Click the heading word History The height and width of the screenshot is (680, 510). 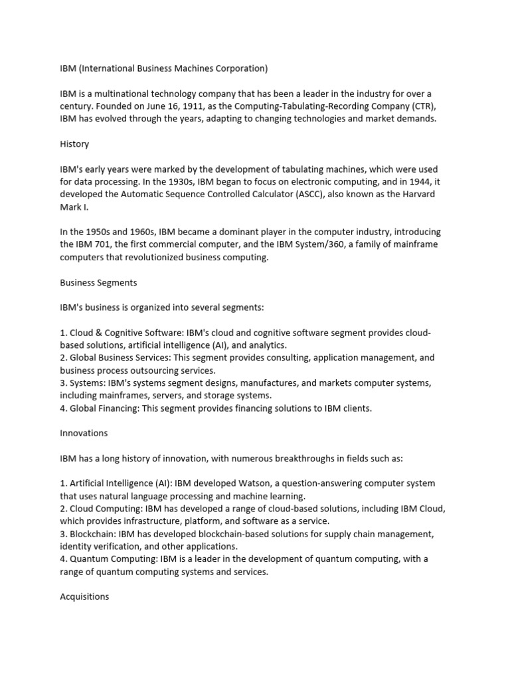(74, 143)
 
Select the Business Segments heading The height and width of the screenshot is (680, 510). (98, 282)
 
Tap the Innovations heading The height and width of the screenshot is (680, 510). (83, 433)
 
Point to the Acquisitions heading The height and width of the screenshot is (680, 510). (84, 596)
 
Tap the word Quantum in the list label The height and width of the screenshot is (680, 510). (90, 558)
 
